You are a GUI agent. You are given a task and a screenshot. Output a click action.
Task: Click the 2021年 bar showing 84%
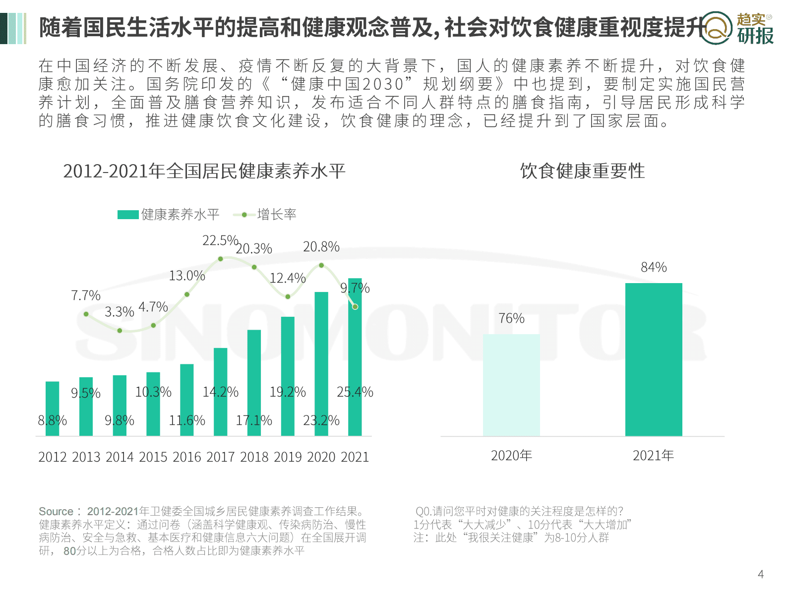pos(653,359)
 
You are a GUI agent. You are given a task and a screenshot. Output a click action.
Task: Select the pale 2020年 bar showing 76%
pos(511,385)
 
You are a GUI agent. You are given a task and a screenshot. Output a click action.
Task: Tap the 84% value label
pos(654,268)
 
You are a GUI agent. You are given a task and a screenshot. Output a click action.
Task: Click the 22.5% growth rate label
pos(220,241)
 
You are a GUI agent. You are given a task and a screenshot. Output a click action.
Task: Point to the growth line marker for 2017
pos(221,259)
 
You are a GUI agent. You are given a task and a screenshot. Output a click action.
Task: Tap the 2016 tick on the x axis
pos(187,457)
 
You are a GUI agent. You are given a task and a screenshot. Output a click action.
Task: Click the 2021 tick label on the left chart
pos(355,457)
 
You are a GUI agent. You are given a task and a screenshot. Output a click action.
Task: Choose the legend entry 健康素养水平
pos(169,215)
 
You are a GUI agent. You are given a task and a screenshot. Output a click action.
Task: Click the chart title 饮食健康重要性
pos(582,171)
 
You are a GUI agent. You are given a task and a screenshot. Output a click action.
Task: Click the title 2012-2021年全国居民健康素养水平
pos(204,171)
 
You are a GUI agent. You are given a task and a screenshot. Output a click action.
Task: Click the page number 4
pos(761,575)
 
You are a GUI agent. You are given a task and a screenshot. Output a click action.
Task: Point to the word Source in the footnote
pos(56,512)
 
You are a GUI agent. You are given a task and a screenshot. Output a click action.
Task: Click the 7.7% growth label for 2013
pos(85,296)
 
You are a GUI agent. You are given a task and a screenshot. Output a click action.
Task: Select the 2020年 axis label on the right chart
pos(511,456)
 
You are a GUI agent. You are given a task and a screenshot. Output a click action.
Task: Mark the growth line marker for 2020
pos(321,265)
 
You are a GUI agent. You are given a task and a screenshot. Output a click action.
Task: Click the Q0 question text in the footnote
pos(519,512)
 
